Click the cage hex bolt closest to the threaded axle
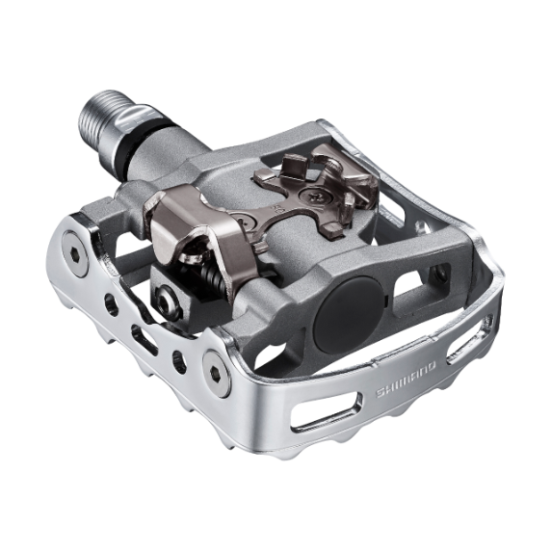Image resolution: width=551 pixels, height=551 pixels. pyautogui.click(x=72, y=254)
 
